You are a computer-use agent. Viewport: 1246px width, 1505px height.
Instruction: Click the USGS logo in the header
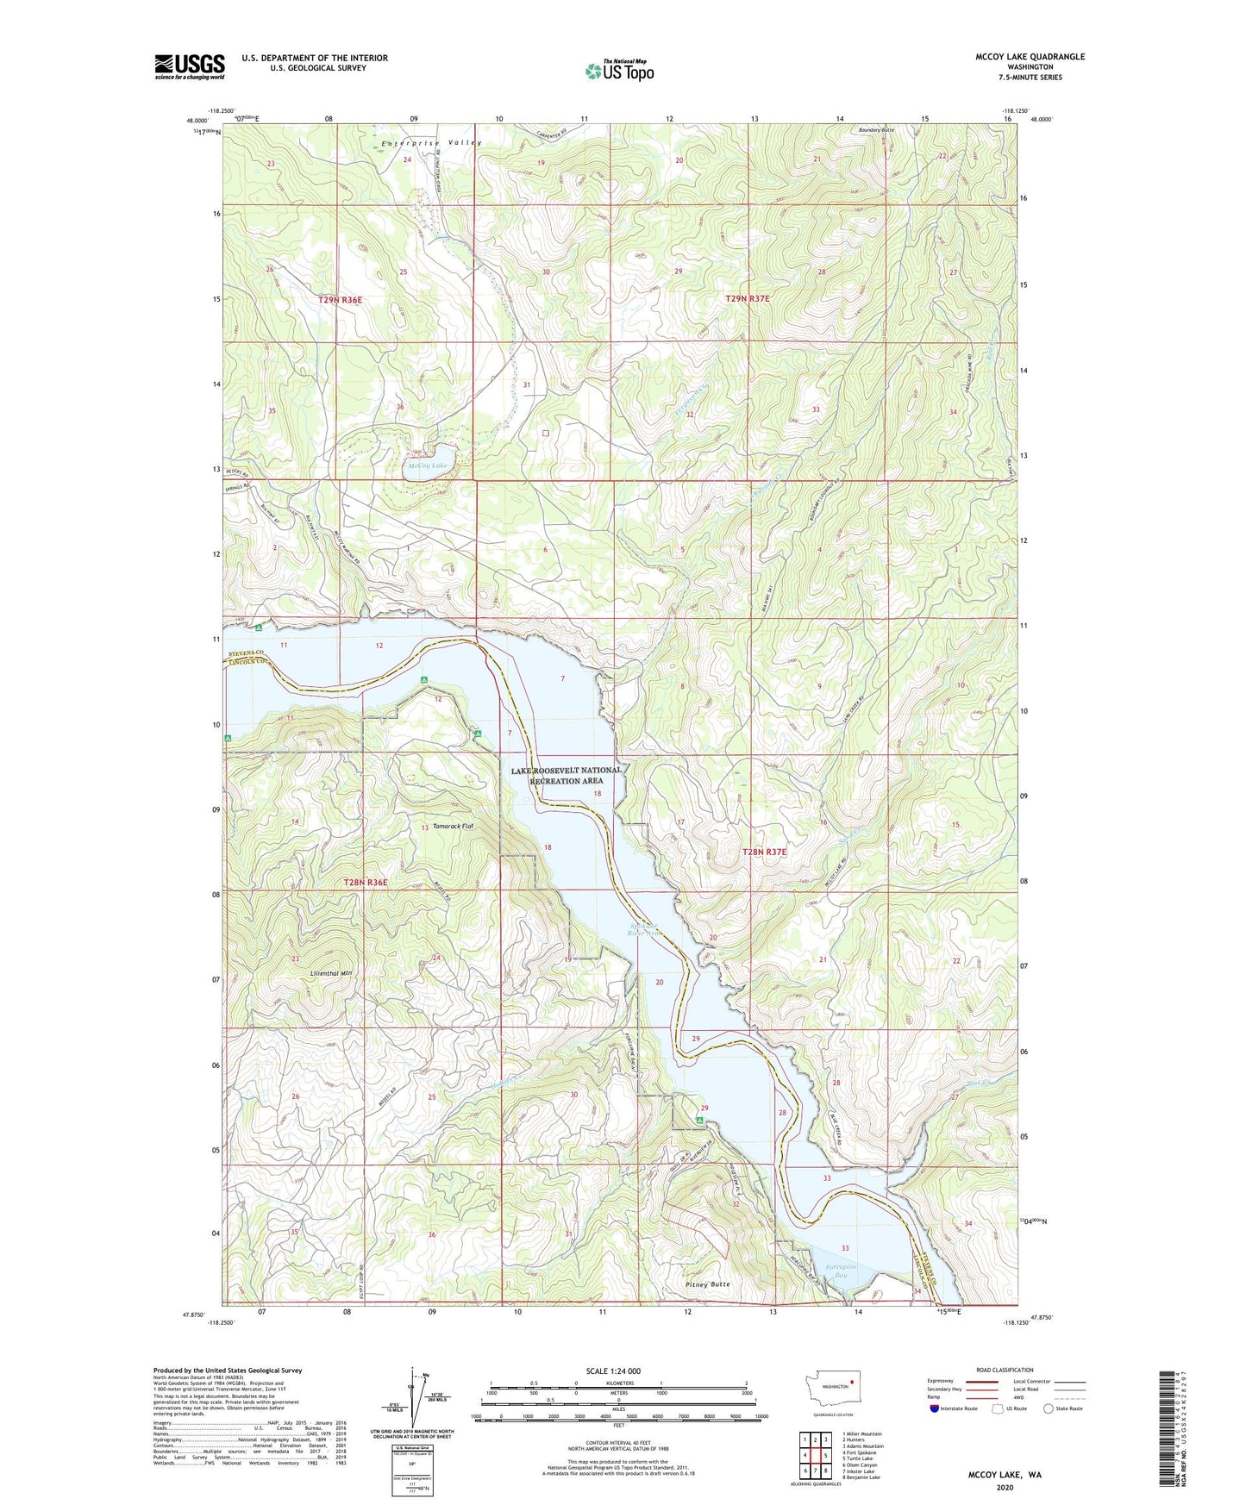(x=189, y=66)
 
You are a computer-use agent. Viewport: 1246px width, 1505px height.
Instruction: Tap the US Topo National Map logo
(x=619, y=71)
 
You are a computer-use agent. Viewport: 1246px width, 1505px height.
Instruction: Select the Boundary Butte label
(x=876, y=130)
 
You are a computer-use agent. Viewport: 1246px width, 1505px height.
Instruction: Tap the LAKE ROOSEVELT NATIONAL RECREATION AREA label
(x=566, y=775)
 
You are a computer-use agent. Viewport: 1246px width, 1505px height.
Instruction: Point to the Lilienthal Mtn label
(x=332, y=972)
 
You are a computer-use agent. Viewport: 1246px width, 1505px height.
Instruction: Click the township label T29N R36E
(x=340, y=300)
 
